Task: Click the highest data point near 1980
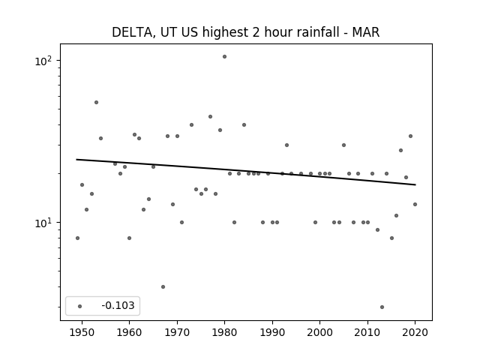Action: (224, 57)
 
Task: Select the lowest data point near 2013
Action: (382, 307)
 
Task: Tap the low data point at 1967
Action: (163, 286)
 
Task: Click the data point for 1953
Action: (96, 102)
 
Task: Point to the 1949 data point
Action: (77, 238)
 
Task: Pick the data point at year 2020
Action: (415, 205)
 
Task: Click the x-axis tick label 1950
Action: (82, 332)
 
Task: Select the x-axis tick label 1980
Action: (224, 332)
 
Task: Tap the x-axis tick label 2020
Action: (415, 332)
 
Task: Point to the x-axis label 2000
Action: (319, 332)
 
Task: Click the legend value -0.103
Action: (118, 305)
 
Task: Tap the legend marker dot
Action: (80, 306)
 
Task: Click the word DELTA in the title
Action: (132, 32)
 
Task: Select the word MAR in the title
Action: (366, 32)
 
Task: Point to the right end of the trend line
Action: (415, 184)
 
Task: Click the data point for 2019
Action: (410, 136)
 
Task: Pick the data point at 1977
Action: (210, 117)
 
